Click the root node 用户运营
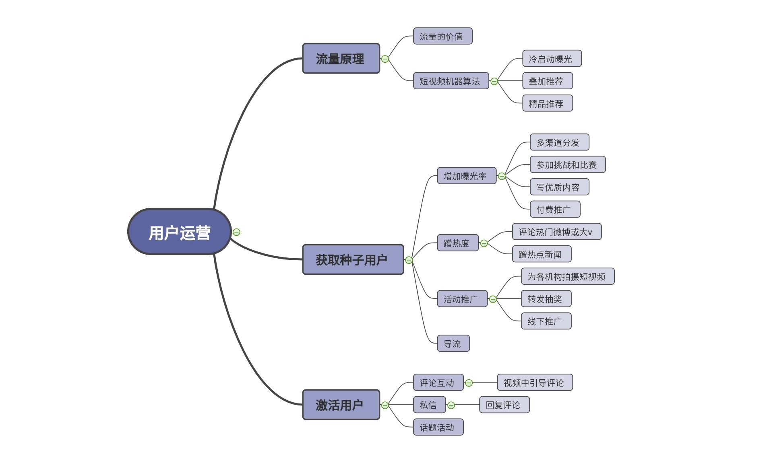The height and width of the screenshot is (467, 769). point(179,232)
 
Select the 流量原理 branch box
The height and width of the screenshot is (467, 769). point(341,59)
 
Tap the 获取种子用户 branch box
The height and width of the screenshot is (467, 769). point(353,260)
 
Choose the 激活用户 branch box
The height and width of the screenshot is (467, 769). point(341,405)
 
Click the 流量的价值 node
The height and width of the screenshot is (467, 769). point(442,36)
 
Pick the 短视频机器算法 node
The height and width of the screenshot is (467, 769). point(451,81)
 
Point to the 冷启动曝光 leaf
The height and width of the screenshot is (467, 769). point(551,59)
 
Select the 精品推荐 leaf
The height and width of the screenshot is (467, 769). point(547,103)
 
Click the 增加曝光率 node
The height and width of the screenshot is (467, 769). point(466,176)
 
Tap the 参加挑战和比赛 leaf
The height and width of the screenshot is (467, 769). point(567,165)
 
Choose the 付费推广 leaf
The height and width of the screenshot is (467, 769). point(554,209)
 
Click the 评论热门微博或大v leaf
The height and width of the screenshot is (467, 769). point(556,232)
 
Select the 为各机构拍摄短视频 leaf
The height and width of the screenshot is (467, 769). point(567,276)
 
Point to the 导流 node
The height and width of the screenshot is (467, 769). point(453,344)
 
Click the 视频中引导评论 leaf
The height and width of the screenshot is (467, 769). point(534,383)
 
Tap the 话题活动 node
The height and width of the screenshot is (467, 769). point(438,427)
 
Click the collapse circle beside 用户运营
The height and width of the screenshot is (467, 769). point(237,232)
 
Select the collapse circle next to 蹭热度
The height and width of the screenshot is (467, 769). point(484,243)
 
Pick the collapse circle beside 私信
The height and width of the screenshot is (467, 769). point(451,405)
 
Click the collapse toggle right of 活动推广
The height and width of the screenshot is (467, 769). point(493,299)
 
